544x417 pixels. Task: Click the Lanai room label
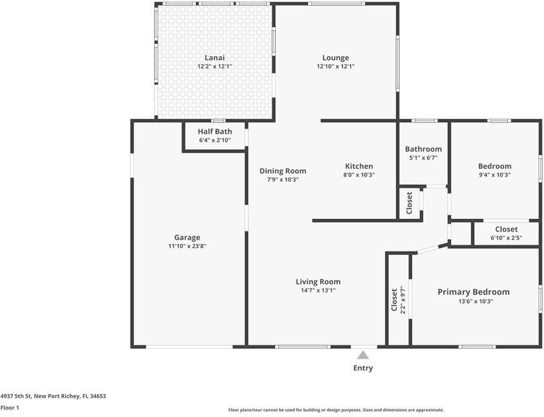point(214,58)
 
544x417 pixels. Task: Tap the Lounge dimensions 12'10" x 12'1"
point(336,67)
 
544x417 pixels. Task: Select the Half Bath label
point(215,131)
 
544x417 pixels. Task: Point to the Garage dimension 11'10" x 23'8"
point(187,246)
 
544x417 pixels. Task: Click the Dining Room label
point(283,171)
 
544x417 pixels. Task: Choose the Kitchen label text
point(359,166)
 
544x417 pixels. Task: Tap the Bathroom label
point(423,149)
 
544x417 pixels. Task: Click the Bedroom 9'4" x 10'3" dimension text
point(495,175)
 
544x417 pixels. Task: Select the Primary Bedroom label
point(473,292)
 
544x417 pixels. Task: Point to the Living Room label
point(318,281)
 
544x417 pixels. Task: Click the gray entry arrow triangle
point(363,354)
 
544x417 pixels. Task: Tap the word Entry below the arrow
point(363,368)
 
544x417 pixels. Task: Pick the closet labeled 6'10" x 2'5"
point(506,234)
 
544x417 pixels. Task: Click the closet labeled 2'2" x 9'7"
point(397,300)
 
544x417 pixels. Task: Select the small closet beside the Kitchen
point(409,202)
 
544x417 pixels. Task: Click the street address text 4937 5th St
point(53,396)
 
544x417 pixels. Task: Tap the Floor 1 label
point(10,408)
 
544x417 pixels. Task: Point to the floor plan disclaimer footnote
point(336,410)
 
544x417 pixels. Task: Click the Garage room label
point(187,238)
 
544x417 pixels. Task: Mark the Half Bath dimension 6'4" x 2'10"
point(215,140)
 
